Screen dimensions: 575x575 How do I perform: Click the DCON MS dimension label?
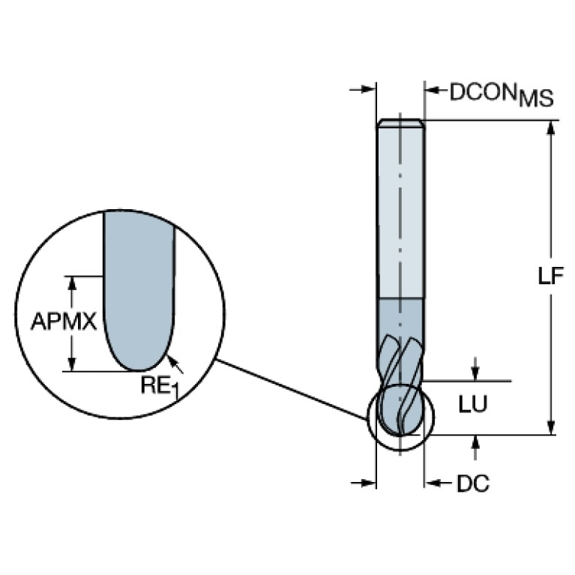(x=502, y=94)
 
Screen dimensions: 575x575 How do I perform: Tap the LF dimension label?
(x=550, y=276)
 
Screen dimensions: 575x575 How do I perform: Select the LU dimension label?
(x=473, y=404)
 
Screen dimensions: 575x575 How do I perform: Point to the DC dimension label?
(x=473, y=484)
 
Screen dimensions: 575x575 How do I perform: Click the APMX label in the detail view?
(x=64, y=322)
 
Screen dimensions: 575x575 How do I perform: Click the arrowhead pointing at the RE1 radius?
(x=171, y=361)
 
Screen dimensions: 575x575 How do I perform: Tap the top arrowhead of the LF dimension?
(x=550, y=128)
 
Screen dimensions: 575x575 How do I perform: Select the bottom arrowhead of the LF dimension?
(x=550, y=427)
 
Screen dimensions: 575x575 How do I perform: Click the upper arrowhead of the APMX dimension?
(x=72, y=283)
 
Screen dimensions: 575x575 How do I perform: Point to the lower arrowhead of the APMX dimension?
(x=72, y=364)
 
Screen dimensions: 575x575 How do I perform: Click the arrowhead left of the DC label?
(x=433, y=483)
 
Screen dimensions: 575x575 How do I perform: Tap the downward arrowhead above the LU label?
(x=475, y=373)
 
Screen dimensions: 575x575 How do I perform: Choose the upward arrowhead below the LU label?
(x=475, y=442)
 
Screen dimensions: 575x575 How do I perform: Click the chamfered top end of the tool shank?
(x=400, y=123)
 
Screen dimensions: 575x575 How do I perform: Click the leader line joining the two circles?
(x=291, y=389)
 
